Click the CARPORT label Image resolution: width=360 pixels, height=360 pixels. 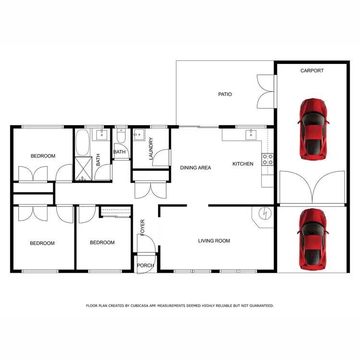click(x=312, y=71)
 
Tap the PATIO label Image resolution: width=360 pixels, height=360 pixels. click(x=225, y=94)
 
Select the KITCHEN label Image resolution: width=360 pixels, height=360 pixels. click(x=243, y=164)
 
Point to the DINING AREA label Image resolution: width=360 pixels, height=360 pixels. click(x=196, y=168)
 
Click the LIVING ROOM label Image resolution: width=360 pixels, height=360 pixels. click(x=214, y=241)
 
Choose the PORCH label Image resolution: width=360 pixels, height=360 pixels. click(x=145, y=265)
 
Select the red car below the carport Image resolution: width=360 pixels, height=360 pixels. click(x=313, y=238)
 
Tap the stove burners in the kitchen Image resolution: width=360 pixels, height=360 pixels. click(x=267, y=159)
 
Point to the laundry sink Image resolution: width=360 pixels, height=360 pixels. click(x=139, y=134)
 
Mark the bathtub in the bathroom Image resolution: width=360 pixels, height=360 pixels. click(x=81, y=142)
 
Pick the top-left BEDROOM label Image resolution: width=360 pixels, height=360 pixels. click(x=43, y=156)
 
